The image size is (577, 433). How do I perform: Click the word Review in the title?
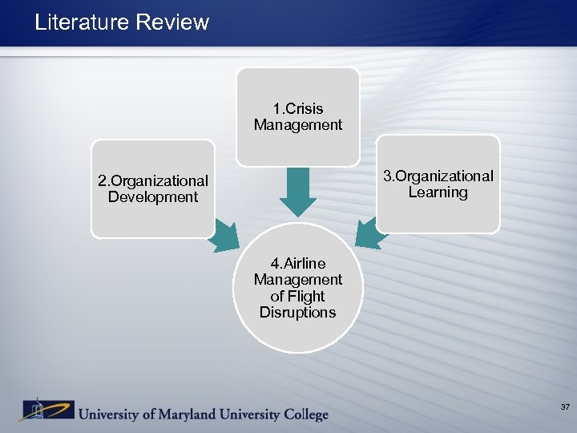(171, 22)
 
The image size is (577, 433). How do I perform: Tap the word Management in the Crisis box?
(297, 125)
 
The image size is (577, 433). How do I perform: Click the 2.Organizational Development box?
(152, 189)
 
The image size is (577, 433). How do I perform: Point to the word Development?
(152, 197)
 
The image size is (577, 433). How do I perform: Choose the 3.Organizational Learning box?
(438, 184)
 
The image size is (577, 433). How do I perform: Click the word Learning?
(438, 192)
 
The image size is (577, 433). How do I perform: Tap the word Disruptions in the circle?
(297, 313)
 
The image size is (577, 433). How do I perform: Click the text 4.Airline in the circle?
(297, 263)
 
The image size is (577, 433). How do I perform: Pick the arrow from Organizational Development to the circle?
(224, 236)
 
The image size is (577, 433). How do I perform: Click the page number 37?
(565, 408)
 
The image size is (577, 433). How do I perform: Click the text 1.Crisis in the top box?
(297, 108)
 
